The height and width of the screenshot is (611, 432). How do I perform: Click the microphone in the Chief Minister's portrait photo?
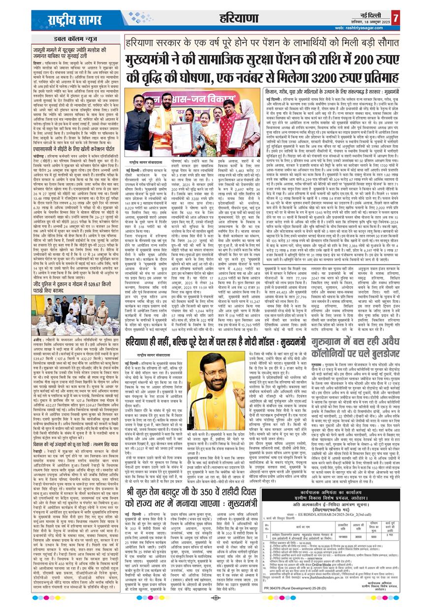206,399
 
